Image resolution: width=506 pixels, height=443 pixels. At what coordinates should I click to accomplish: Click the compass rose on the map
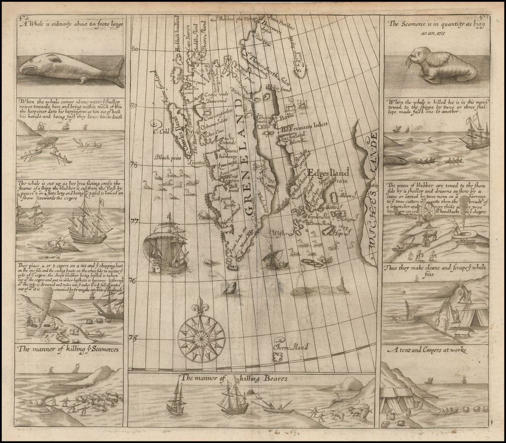point(201,338)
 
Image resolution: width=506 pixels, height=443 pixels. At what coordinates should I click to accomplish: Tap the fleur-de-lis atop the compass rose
point(200,306)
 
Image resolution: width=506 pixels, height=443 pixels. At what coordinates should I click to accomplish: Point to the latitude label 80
point(134,48)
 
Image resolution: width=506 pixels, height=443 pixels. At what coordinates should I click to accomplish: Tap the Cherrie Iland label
point(290,347)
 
